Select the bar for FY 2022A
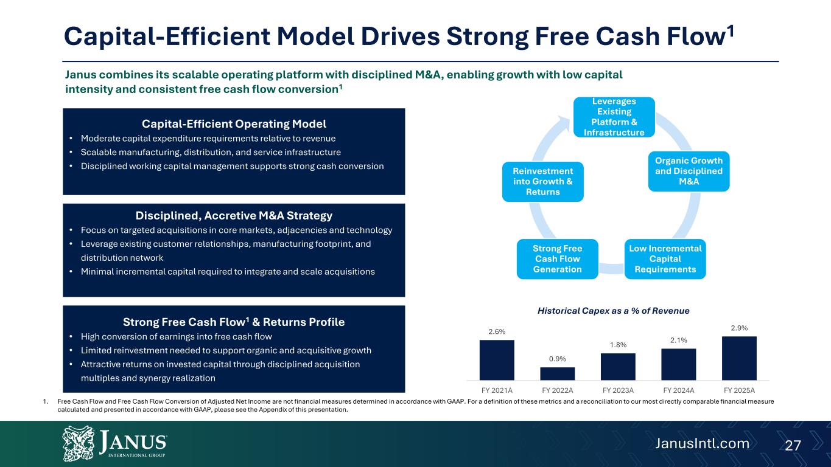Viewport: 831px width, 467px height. click(557, 373)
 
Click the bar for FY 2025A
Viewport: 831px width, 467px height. click(739, 358)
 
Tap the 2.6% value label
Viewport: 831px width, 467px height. click(497, 332)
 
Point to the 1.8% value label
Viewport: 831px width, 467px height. click(618, 345)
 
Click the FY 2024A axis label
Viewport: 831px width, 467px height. click(679, 390)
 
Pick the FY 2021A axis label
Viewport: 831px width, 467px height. click(497, 390)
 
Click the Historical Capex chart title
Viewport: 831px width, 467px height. click(613, 311)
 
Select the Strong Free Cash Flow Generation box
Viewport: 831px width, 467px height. click(557, 259)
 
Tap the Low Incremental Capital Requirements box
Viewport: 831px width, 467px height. click(665, 259)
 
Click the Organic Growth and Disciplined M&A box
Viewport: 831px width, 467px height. click(689, 171)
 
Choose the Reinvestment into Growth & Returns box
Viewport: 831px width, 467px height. click(543, 182)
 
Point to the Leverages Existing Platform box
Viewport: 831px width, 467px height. click(614, 117)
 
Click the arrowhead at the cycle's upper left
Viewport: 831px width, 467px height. click(564, 122)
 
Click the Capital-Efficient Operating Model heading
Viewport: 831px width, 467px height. click(234, 124)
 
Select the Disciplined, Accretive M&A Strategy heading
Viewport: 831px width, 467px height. click(234, 216)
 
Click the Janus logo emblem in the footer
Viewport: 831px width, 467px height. click(79, 443)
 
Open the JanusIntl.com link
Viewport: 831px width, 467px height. click(702, 444)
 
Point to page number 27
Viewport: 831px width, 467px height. click(793, 445)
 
